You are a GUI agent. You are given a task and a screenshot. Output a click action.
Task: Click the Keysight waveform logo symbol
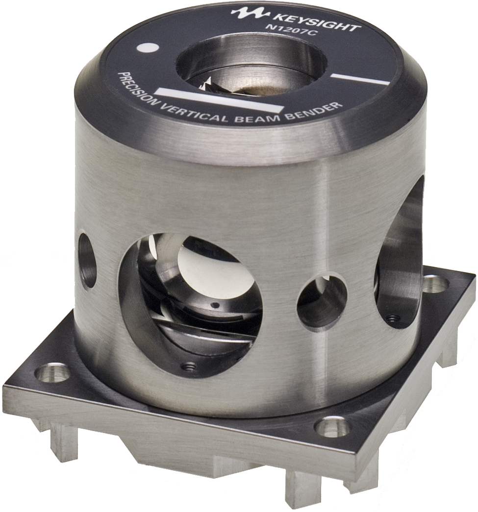[x=250, y=13]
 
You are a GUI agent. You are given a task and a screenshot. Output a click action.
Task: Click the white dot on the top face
[x=147, y=49]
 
